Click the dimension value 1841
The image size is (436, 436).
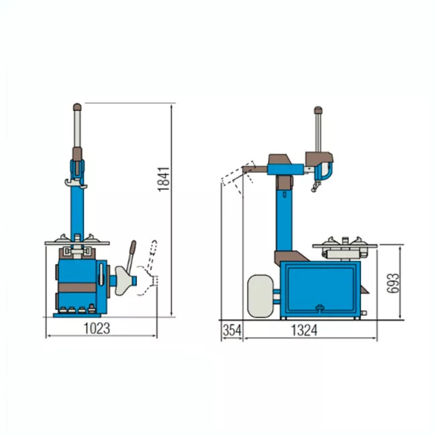point(164,179)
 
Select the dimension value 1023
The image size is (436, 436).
point(97,329)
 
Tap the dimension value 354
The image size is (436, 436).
point(232,330)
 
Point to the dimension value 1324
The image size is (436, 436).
point(304,330)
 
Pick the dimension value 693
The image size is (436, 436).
point(393,283)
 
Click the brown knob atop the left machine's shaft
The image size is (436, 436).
point(77,107)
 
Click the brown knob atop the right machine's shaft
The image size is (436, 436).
point(318,110)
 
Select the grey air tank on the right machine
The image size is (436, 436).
point(260,296)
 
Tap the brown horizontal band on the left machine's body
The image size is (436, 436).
point(77,288)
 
